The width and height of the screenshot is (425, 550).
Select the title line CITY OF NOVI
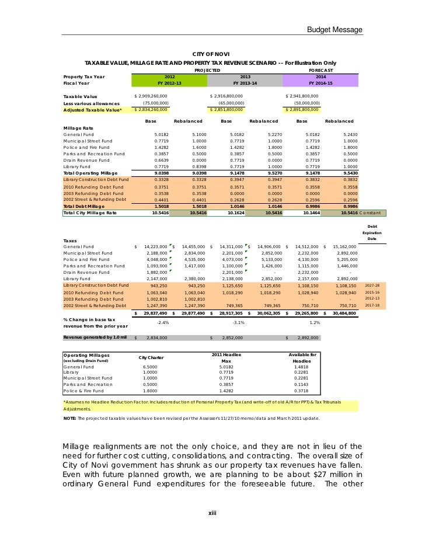tap(210, 54)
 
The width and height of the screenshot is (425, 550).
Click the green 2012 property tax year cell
tap(169, 76)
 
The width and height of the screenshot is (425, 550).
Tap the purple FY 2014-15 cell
tap(321, 83)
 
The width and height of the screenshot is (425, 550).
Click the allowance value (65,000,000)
tap(227, 102)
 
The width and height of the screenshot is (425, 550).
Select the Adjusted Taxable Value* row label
tap(92, 109)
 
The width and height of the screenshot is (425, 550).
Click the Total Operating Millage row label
tap(90, 173)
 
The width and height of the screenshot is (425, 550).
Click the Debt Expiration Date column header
tap(372, 232)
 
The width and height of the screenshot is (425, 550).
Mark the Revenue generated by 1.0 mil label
tap(95, 337)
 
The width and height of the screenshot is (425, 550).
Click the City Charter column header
tap(151, 357)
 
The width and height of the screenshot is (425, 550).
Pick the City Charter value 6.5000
tap(150, 367)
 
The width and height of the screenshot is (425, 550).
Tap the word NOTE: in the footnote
tap(69, 419)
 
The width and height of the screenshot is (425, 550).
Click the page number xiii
tap(212, 513)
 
